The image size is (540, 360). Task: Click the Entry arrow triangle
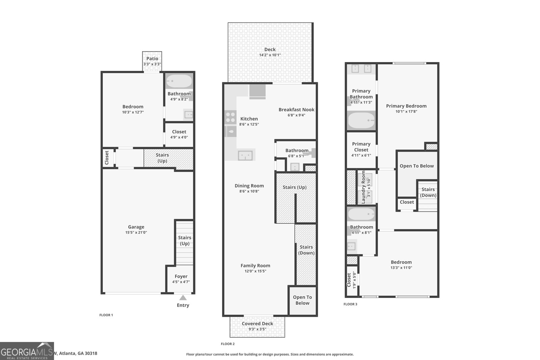(183, 298)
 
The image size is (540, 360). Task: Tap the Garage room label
(136, 227)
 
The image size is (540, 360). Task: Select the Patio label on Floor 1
(152, 59)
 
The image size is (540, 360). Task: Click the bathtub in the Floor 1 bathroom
(179, 81)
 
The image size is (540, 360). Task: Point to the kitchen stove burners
(231, 117)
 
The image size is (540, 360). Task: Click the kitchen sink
(245, 156)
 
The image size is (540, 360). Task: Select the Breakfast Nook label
(296, 110)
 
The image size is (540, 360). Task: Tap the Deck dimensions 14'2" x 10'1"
(270, 55)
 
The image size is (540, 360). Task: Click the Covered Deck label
(257, 324)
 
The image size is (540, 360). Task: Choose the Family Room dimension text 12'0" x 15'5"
(255, 271)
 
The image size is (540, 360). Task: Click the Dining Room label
(249, 186)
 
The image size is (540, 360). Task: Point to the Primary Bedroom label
(406, 106)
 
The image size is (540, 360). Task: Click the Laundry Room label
(363, 187)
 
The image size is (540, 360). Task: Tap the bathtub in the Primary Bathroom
(361, 120)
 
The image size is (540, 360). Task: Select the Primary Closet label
(361, 147)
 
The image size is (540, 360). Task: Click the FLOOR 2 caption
(227, 344)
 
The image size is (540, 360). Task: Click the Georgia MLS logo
(27, 351)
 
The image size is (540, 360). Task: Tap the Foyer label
(181, 276)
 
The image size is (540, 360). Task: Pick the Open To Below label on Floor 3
(416, 166)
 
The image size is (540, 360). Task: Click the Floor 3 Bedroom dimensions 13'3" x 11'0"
(401, 268)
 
